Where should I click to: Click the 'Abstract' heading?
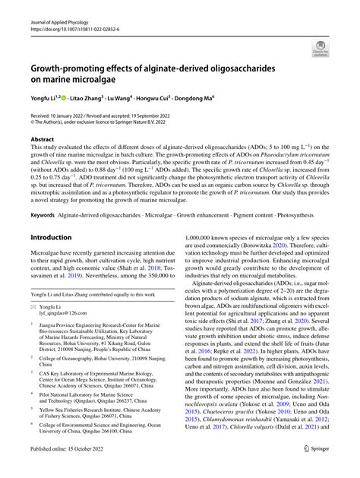(42, 140)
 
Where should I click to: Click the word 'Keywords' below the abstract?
(44, 215)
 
